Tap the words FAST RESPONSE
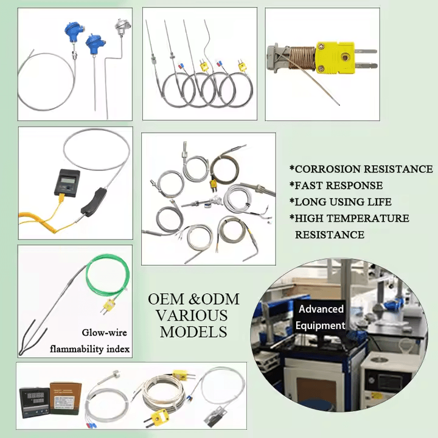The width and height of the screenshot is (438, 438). point(339,186)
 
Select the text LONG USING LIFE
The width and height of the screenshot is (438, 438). point(343,202)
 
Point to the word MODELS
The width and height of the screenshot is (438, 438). point(193,332)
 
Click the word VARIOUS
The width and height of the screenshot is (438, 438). point(192,316)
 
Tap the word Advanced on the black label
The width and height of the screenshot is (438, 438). point(321,309)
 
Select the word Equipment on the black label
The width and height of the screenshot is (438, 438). point(321,325)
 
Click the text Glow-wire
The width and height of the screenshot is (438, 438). point(104,332)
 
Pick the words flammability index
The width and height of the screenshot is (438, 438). point(89,349)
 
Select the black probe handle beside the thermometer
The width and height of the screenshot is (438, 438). point(92,203)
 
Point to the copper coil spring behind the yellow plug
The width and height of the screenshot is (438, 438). point(302,58)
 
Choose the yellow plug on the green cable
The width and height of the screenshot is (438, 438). point(109,306)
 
